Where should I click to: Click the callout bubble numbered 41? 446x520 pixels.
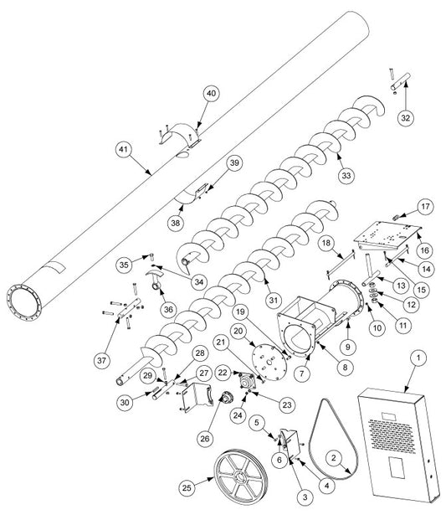coord(123,150)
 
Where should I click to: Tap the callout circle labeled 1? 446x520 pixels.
coord(418,358)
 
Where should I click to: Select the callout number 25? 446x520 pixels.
coord(187,487)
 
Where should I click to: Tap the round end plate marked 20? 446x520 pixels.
coord(269,363)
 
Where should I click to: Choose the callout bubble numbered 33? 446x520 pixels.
coord(346,175)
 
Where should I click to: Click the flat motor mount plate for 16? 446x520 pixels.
coord(387,237)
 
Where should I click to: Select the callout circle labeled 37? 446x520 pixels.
coord(101,360)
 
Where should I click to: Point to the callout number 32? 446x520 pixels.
coord(406,118)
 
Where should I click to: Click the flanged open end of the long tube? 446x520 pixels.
coord(24,302)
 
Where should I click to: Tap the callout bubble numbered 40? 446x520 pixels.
coord(211,93)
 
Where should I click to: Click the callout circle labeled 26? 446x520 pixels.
coord(205,439)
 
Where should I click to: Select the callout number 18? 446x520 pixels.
coord(326,243)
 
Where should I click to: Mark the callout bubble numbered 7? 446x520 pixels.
coord(301,373)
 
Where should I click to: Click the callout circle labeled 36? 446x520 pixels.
coord(168,309)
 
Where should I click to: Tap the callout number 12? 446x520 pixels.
coord(411,305)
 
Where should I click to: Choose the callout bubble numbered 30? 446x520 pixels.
coord(125,402)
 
